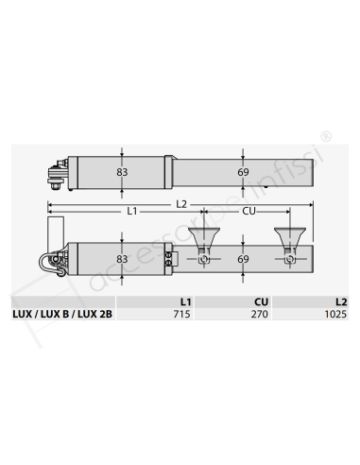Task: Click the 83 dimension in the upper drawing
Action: (122, 172)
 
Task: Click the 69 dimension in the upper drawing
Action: (243, 172)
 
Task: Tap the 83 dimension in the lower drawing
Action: (122, 259)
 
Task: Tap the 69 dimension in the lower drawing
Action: (243, 259)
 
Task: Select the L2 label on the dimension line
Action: (181, 204)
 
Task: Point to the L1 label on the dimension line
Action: (132, 211)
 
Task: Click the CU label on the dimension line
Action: (249, 211)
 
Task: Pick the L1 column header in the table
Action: (185, 301)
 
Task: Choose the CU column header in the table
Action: (261, 301)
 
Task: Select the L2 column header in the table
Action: (341, 301)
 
